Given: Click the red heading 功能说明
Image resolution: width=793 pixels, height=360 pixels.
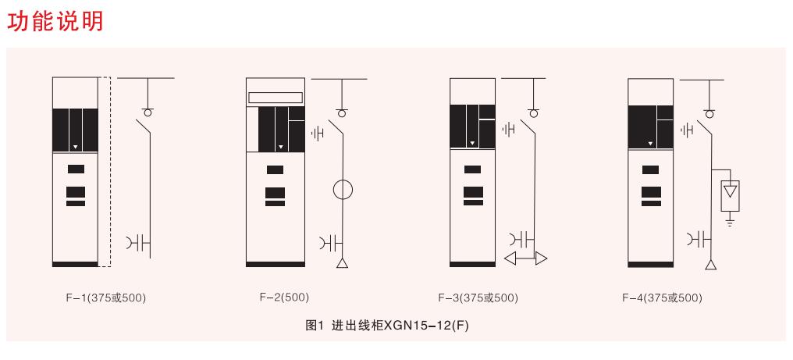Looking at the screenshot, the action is pyautogui.click(x=55, y=21).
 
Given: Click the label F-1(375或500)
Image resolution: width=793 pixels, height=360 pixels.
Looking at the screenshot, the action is pyautogui.click(x=105, y=298).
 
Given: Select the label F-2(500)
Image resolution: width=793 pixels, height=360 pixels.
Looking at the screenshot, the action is pyautogui.click(x=284, y=298).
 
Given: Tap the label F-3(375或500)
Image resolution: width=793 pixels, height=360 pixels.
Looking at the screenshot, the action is pyautogui.click(x=478, y=298).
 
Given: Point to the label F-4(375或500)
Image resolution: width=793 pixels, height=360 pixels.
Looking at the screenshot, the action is pyautogui.click(x=662, y=298).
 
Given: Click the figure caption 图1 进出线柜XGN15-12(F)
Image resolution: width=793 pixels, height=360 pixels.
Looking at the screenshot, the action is pyautogui.click(x=387, y=326).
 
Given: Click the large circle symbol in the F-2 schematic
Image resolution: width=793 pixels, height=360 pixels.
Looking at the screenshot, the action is pyautogui.click(x=343, y=190).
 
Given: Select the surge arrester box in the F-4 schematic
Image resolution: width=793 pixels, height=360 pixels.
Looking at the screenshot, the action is pyautogui.click(x=730, y=196).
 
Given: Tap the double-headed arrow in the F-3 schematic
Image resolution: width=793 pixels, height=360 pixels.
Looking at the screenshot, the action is pyautogui.click(x=525, y=258).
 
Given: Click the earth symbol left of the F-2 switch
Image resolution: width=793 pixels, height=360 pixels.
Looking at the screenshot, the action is pyautogui.click(x=318, y=134).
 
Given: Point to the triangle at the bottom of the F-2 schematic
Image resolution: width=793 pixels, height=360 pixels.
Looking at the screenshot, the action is pyautogui.click(x=343, y=263).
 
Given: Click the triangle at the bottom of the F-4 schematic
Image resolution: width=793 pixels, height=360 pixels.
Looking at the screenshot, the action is pyautogui.click(x=712, y=264).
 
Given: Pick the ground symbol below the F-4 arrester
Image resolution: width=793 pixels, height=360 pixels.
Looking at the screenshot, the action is pyautogui.click(x=730, y=220).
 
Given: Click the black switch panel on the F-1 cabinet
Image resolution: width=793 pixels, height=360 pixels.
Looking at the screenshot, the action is pyautogui.click(x=76, y=130).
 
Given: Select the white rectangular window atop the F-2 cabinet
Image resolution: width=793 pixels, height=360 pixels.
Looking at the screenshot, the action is pyautogui.click(x=275, y=98).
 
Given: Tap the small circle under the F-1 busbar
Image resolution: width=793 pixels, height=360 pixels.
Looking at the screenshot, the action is pyautogui.click(x=148, y=112).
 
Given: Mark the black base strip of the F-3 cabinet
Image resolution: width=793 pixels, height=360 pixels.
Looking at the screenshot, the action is pyautogui.click(x=472, y=264).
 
